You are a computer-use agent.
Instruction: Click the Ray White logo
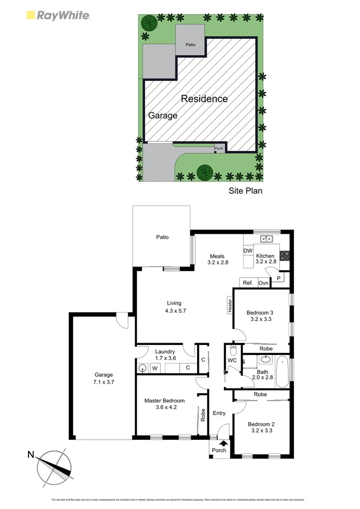coord(57,15)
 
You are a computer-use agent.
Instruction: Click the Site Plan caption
coord(245,191)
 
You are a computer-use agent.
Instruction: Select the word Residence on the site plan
coord(204,99)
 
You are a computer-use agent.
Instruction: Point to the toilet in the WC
coord(233,351)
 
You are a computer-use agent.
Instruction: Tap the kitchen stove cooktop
coord(285,256)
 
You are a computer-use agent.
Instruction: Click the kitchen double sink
coord(267,238)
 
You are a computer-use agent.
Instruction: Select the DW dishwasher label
coord(248,251)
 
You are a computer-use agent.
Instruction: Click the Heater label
coord(229,306)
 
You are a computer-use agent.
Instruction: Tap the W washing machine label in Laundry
coord(154,369)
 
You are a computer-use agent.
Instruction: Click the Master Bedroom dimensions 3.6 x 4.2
coord(164,408)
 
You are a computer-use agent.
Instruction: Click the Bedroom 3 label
coord(260,312)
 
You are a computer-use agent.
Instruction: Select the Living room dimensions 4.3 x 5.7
coord(174,311)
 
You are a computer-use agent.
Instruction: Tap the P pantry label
coord(278,279)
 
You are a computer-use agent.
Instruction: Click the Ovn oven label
coord(263,283)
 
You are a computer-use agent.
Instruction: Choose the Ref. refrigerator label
coord(248,283)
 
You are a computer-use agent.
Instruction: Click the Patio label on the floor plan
coord(162,237)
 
